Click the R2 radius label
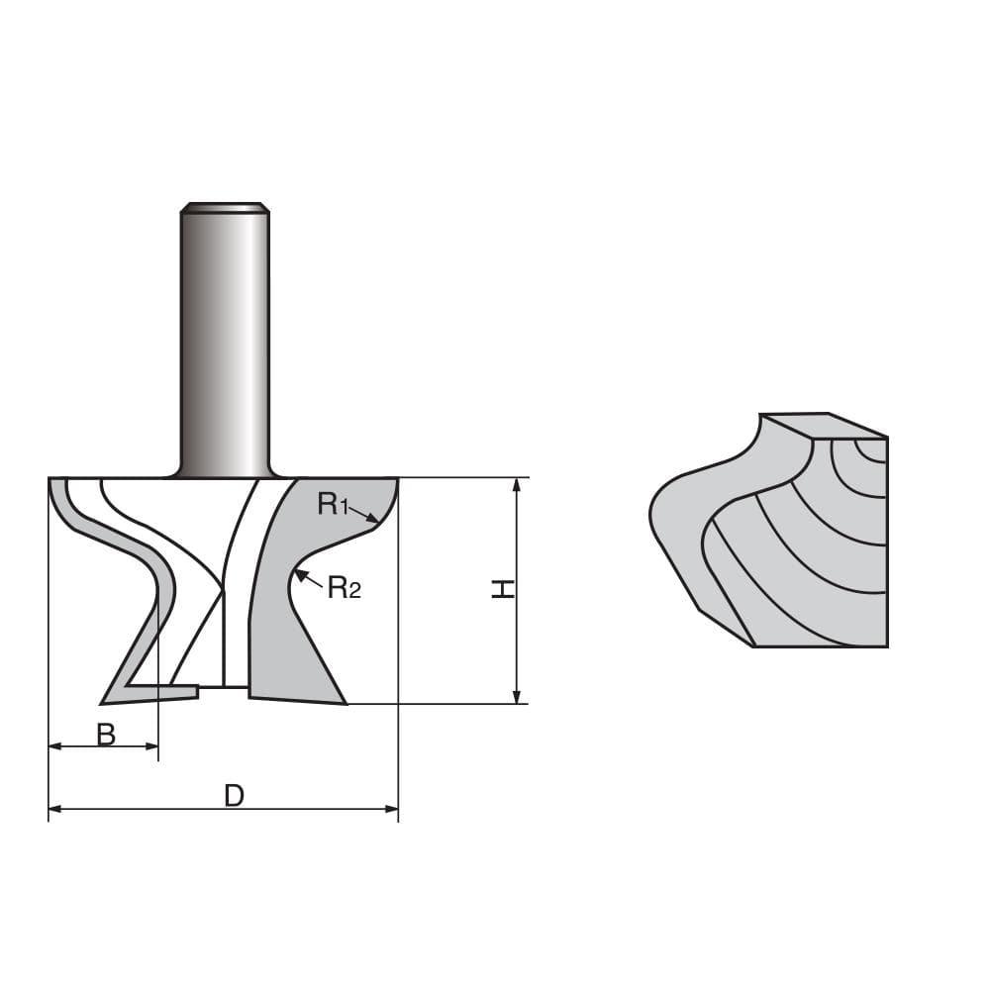(344, 589)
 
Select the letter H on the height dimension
(504, 589)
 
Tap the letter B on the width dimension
(106, 735)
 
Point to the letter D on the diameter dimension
(234, 796)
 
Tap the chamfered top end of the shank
(225, 208)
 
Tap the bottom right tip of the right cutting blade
(345, 703)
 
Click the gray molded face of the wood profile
(683, 535)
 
